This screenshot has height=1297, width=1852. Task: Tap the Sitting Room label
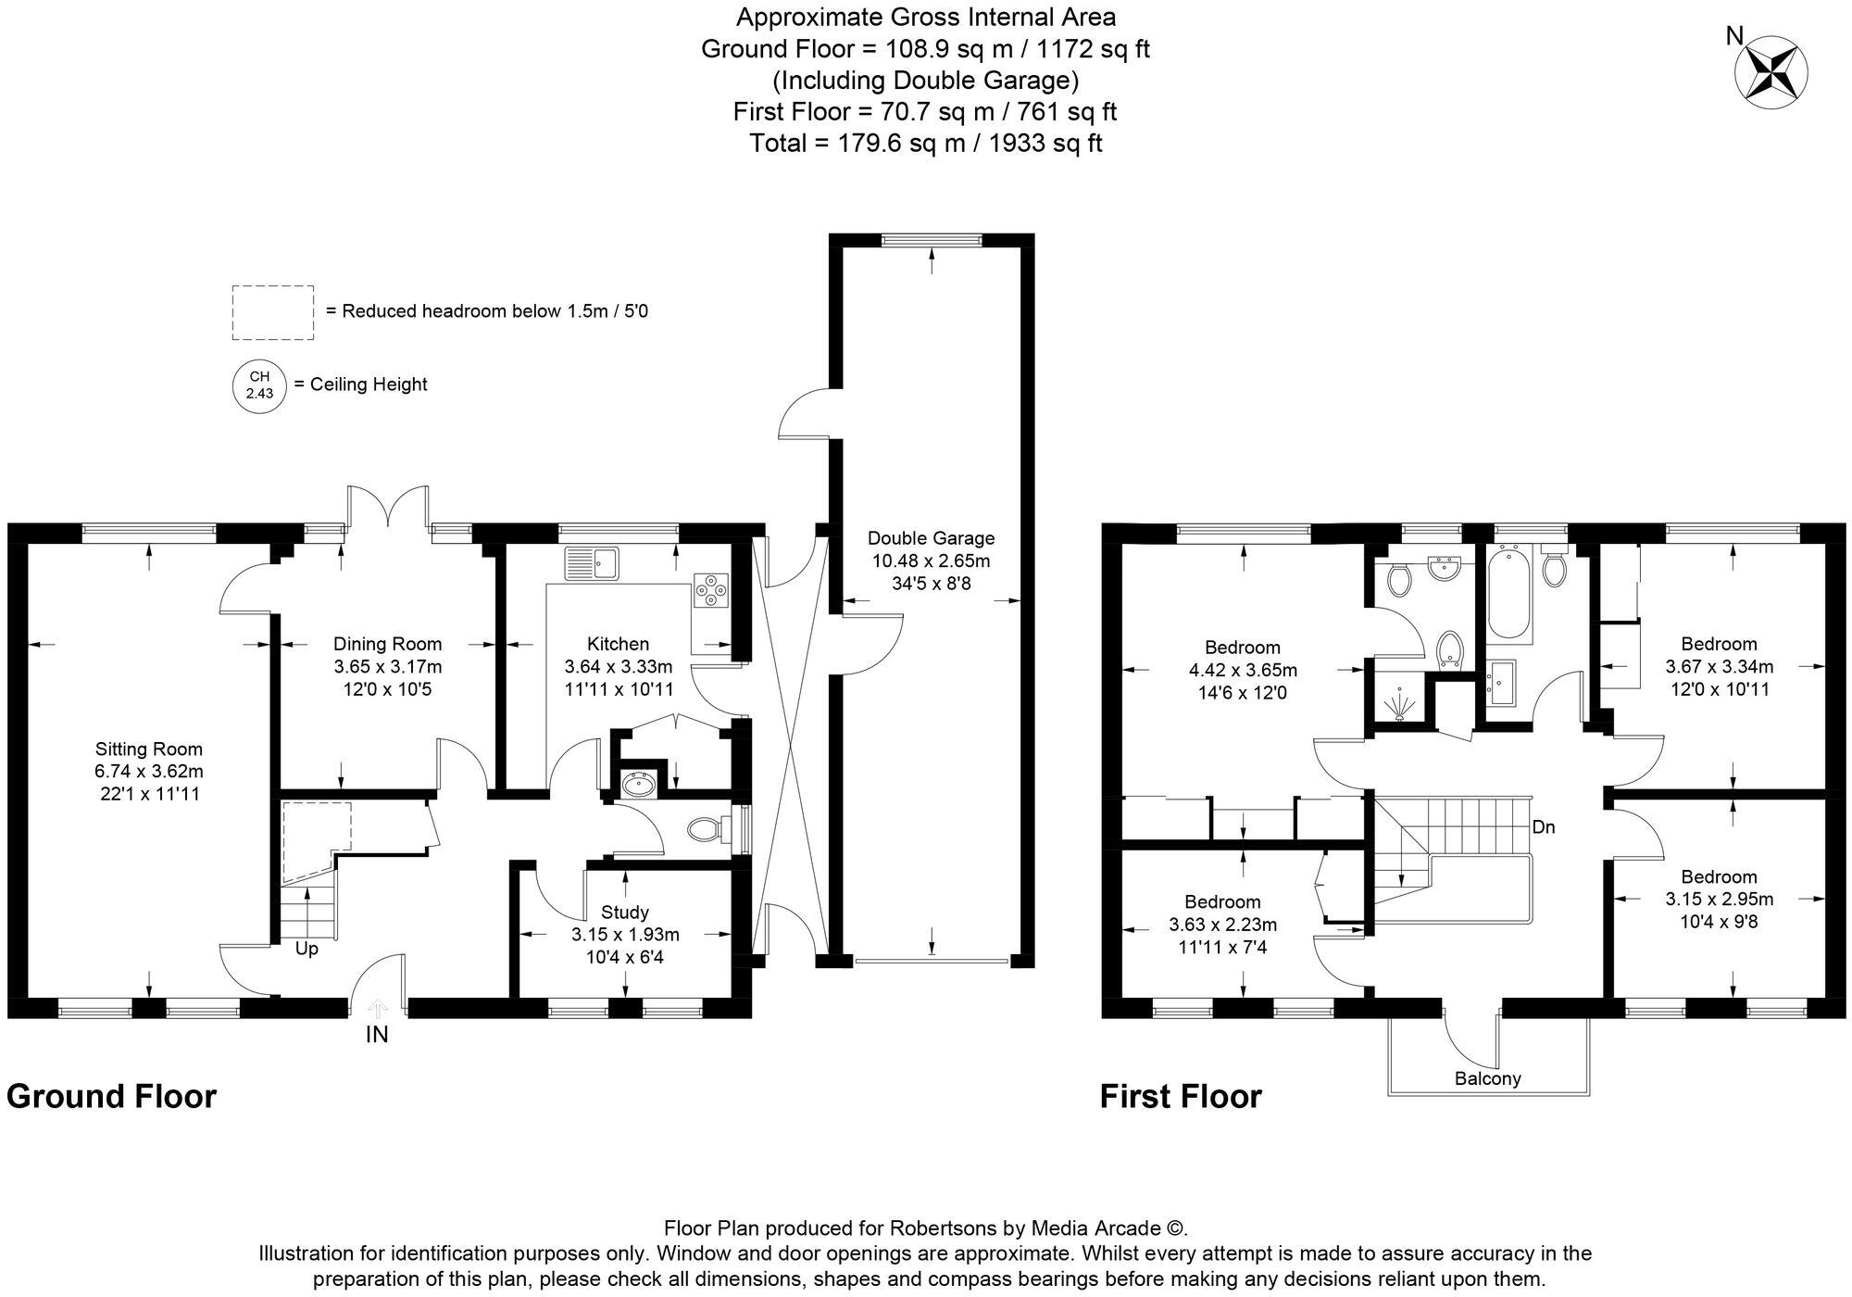coord(149,749)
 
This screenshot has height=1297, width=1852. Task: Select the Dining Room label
coord(388,644)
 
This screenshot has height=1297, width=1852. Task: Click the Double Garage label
coord(931,538)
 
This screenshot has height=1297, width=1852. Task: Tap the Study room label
coord(625,913)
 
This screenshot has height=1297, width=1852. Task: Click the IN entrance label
coord(377,1035)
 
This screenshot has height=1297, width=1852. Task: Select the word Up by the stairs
coord(307,950)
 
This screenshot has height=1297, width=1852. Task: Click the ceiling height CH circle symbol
coord(259,384)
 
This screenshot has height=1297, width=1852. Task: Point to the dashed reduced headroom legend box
coord(272,312)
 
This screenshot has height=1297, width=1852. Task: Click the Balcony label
coord(1488,1078)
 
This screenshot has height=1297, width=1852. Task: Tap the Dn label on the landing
coord(1544,827)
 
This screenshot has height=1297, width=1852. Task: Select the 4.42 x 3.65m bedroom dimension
coord(1243,670)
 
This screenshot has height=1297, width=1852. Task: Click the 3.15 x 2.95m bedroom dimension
coord(1720,899)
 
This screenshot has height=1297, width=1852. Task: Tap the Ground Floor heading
coord(111,1097)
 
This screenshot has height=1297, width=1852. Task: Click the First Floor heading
coord(1181,1097)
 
